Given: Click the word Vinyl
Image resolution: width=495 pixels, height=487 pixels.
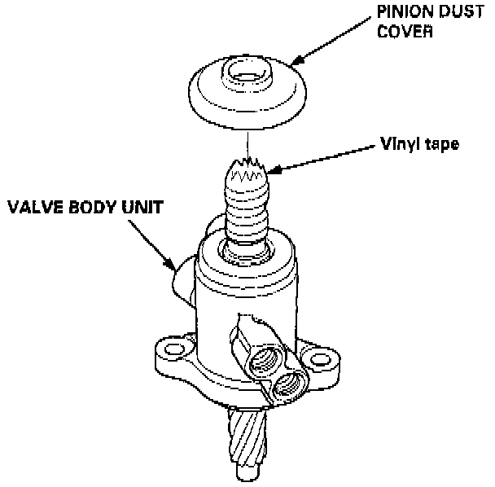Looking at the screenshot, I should pos(399,146).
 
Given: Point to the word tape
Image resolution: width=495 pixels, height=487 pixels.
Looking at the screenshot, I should pos(443,147).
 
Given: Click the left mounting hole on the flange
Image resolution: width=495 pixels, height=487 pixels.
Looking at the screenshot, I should pos(170,350).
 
